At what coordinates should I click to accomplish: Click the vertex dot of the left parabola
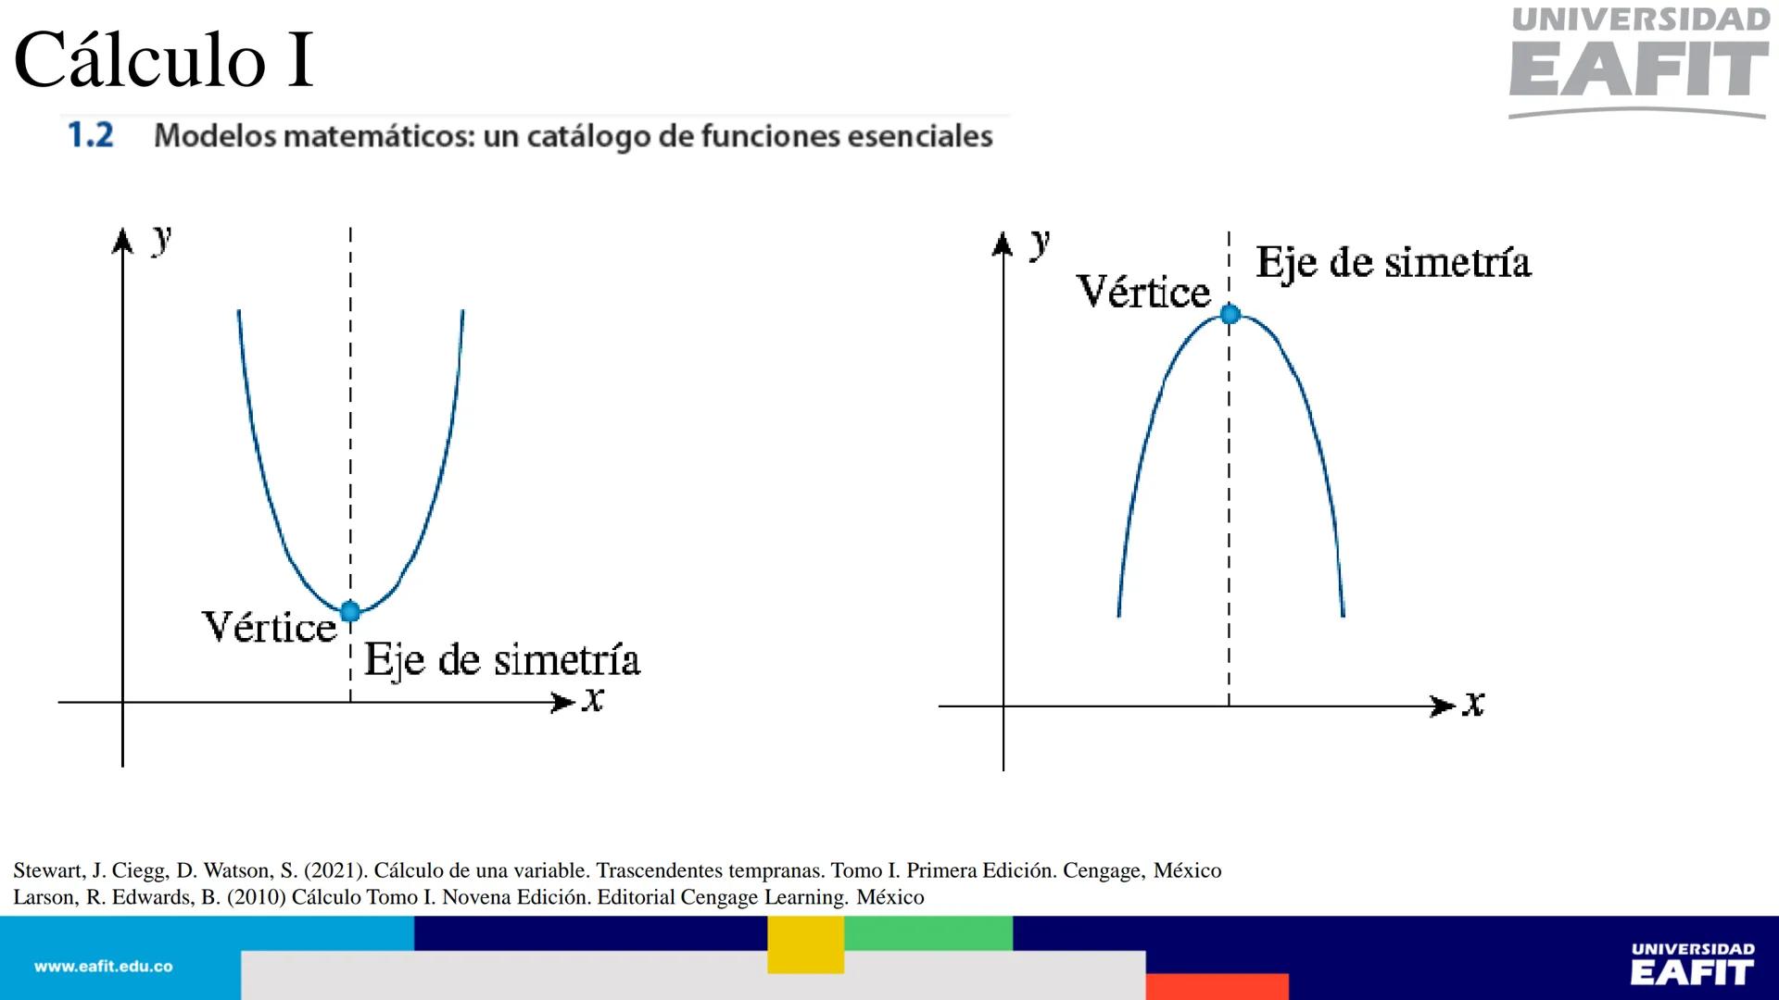coord(349,611)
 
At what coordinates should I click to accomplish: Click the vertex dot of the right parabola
coord(1230,315)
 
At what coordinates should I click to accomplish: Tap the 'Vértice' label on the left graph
coord(269,628)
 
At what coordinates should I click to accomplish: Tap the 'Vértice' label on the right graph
coord(1143,293)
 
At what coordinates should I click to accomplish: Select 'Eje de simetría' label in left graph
coord(501,660)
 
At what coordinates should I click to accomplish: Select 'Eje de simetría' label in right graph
coord(1393,263)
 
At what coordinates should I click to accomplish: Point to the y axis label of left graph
coord(162,239)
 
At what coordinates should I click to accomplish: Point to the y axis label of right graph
coord(1041,243)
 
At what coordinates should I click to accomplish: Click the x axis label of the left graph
coord(593,700)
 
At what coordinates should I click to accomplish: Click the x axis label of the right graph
coord(1473,705)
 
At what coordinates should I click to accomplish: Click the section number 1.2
coord(91,136)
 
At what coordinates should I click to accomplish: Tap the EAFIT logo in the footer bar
coord(1692,966)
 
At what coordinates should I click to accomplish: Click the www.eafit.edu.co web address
coord(103,967)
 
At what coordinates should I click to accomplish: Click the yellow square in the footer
coord(805,944)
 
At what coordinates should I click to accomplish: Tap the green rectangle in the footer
coord(927,933)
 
